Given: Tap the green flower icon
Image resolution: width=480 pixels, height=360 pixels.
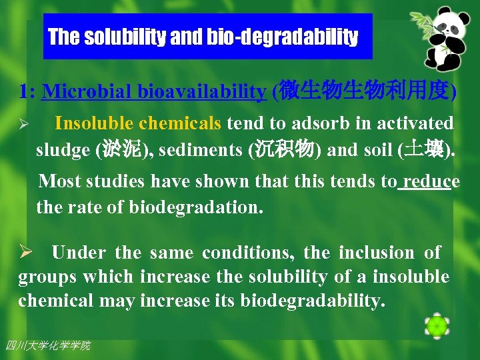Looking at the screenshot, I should [437, 325].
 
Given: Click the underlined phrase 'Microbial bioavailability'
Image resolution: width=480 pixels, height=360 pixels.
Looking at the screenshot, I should [153, 92].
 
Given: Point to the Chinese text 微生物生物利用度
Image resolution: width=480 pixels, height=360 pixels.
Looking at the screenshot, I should [365, 91].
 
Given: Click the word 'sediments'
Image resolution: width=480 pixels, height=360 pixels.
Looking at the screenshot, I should [206, 149].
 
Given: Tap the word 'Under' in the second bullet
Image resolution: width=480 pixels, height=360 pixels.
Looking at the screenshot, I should [78, 253].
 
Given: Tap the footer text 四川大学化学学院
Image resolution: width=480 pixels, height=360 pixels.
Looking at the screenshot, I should [47, 345].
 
